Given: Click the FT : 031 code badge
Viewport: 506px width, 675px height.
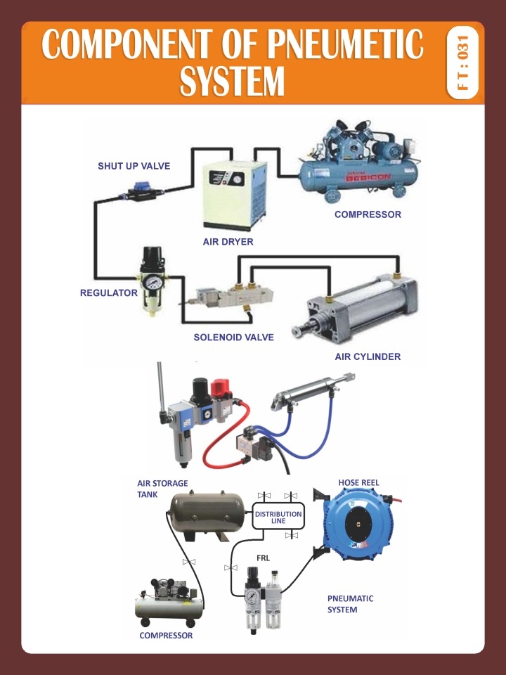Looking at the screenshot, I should coord(462,62).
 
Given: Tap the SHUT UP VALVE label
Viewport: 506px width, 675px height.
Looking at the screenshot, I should coord(134,166).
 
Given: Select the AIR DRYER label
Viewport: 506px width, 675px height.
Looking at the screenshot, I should coord(228,241).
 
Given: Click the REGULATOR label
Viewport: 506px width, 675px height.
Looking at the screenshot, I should coord(108,292).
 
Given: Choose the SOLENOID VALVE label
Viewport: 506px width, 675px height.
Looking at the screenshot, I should coord(233,337).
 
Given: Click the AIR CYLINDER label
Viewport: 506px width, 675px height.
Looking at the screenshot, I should coord(368,356).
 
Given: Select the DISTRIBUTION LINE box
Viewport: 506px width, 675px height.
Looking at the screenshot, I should coord(278,517).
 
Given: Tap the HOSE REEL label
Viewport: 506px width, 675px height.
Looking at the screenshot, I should coord(358,483).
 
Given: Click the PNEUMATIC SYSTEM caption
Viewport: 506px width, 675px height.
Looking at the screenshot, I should coord(351,604).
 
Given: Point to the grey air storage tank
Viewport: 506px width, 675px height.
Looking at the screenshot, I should coord(209,510).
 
